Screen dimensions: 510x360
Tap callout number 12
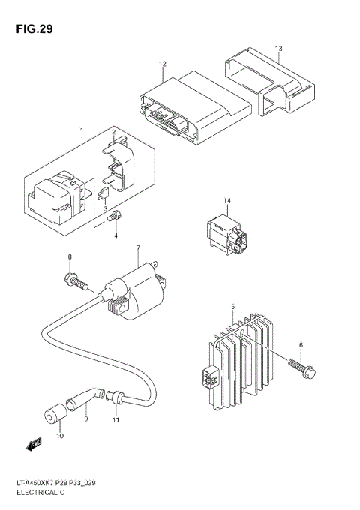pos(162,64)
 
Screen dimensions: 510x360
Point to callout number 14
pos(228,200)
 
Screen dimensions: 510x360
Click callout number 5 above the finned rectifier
pos(233,306)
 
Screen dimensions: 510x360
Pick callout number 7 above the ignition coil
pos(138,248)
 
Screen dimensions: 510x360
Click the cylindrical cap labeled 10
pos(53,415)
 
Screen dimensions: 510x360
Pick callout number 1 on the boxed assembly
pos(82,132)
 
